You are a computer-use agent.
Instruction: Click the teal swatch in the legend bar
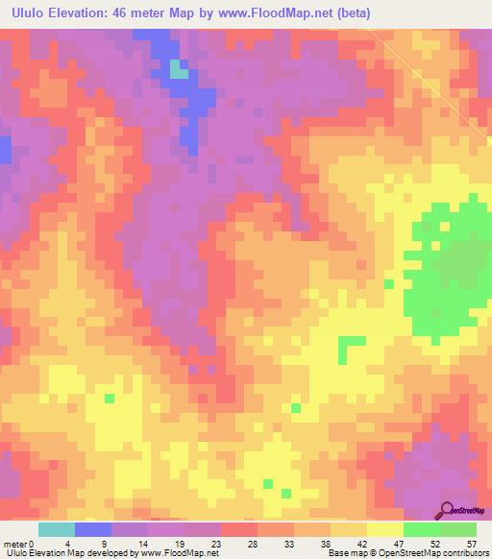click(x=56, y=529)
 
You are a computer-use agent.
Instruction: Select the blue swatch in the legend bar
click(x=92, y=529)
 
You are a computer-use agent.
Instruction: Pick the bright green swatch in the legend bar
click(x=421, y=529)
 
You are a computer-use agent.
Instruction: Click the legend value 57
click(x=470, y=543)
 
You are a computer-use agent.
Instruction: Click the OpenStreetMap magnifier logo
click(x=447, y=511)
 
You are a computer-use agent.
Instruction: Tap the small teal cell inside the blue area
click(x=178, y=68)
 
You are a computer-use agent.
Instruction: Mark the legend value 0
click(x=33, y=543)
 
